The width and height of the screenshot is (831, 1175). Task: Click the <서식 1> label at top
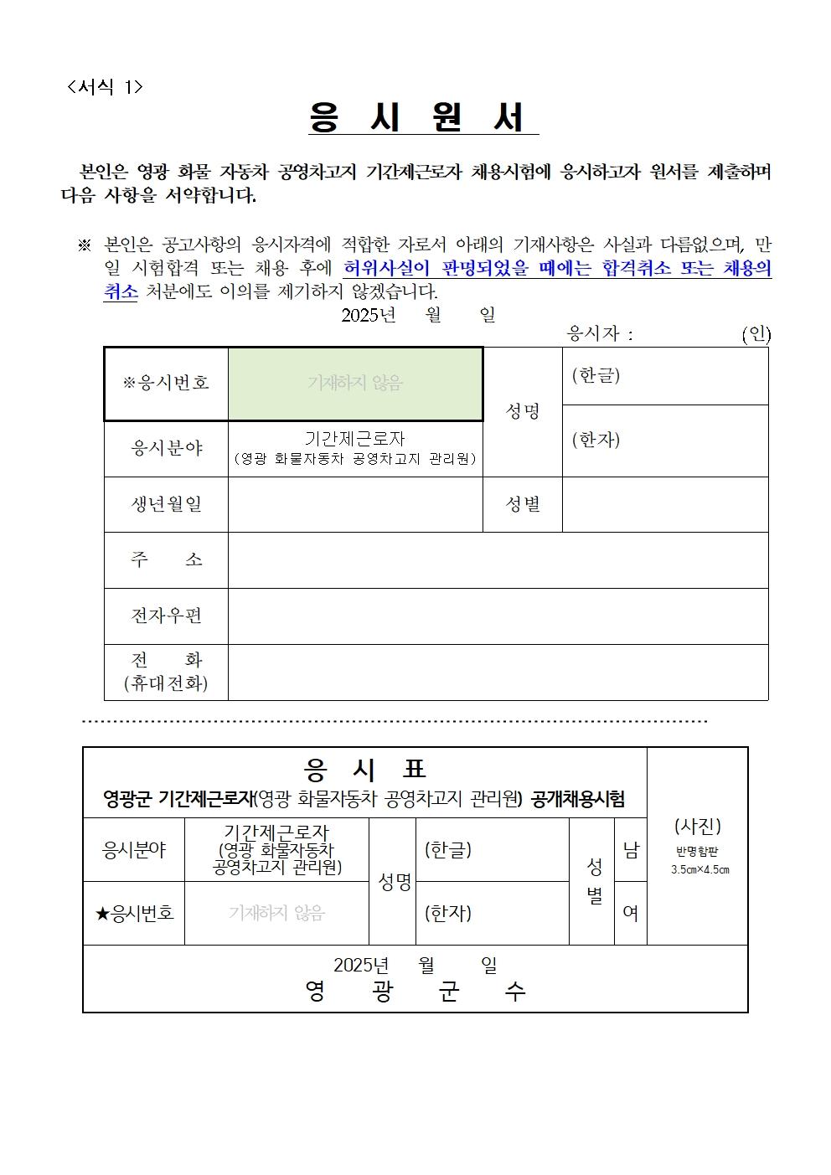[105, 87]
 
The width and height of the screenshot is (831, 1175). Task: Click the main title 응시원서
[423, 119]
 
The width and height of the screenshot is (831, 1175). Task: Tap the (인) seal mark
[756, 334]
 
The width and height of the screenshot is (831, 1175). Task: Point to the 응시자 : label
[600, 334]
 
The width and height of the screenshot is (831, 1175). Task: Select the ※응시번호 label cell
[166, 383]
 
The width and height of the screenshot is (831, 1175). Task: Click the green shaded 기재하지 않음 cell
[355, 383]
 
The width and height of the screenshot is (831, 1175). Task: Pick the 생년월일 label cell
[166, 504]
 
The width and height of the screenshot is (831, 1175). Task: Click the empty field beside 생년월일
[355, 504]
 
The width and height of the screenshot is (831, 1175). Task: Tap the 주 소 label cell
[166, 559]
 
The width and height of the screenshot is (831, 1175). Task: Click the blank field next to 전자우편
[498, 616]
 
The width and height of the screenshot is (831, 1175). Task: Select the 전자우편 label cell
[166, 616]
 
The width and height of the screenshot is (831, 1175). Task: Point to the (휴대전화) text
[166, 683]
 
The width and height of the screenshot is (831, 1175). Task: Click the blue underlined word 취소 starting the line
[120, 292]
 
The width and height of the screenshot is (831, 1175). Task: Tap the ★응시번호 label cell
[134, 913]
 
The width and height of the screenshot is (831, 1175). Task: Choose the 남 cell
[631, 849]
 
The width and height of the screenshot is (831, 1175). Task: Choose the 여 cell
[631, 913]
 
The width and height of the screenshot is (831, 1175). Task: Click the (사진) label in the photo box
[698, 827]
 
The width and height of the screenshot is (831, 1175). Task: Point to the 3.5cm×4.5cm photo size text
[699, 869]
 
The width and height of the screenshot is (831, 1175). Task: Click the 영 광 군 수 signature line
[415, 992]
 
